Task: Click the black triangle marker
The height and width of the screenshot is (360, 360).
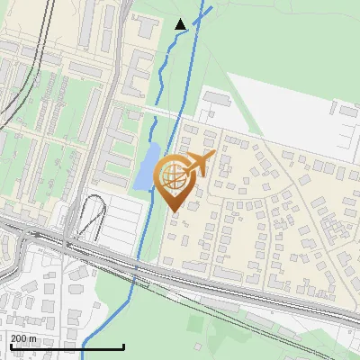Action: coord(180,24)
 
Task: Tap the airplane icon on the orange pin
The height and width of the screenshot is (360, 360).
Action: coord(200,164)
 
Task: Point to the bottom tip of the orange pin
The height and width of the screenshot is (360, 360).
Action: coord(174,212)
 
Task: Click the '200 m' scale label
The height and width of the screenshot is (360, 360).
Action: coord(22,338)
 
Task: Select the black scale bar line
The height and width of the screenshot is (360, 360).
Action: coord(67,346)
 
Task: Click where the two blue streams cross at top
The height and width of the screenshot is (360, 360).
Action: coord(188,29)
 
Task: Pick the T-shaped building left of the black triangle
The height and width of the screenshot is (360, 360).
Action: coord(139,67)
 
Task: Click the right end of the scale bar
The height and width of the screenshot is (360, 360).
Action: coord(123,346)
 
